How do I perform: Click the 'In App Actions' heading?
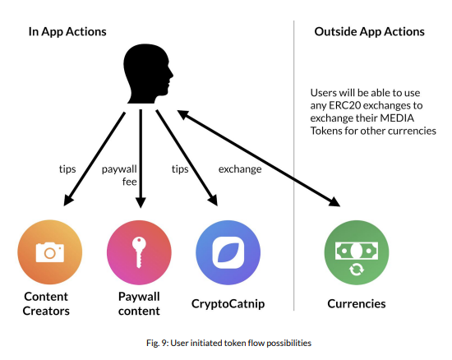(67, 32)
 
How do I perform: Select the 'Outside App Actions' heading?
(369, 32)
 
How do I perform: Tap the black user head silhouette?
(148, 74)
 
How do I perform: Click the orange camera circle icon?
(50, 252)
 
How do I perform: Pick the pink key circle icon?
(139, 252)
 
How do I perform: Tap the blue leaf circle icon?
(228, 252)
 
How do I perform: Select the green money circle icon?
(357, 252)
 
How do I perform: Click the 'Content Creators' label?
(46, 304)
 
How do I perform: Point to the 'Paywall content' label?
(139, 304)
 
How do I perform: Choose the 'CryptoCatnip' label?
(228, 304)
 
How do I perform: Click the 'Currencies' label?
(357, 304)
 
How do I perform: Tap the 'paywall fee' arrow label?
(119, 175)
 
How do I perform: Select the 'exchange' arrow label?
(240, 168)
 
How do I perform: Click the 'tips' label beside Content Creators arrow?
(67, 168)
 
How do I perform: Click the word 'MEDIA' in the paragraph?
(397, 118)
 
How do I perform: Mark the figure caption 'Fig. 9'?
(156, 343)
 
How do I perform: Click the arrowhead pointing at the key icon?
(141, 203)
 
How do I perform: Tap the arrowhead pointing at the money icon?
(334, 201)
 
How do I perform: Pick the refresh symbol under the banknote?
(357, 270)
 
